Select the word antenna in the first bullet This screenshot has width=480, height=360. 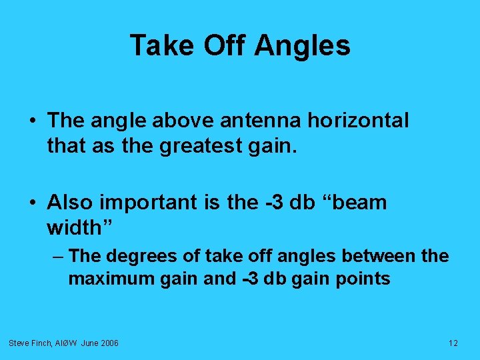tap(251, 121)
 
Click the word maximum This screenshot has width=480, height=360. tap(111, 279)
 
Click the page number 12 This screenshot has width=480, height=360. tap(453, 343)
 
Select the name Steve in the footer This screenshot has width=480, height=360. tap(19, 343)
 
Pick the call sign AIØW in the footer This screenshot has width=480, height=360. tap(66, 343)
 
